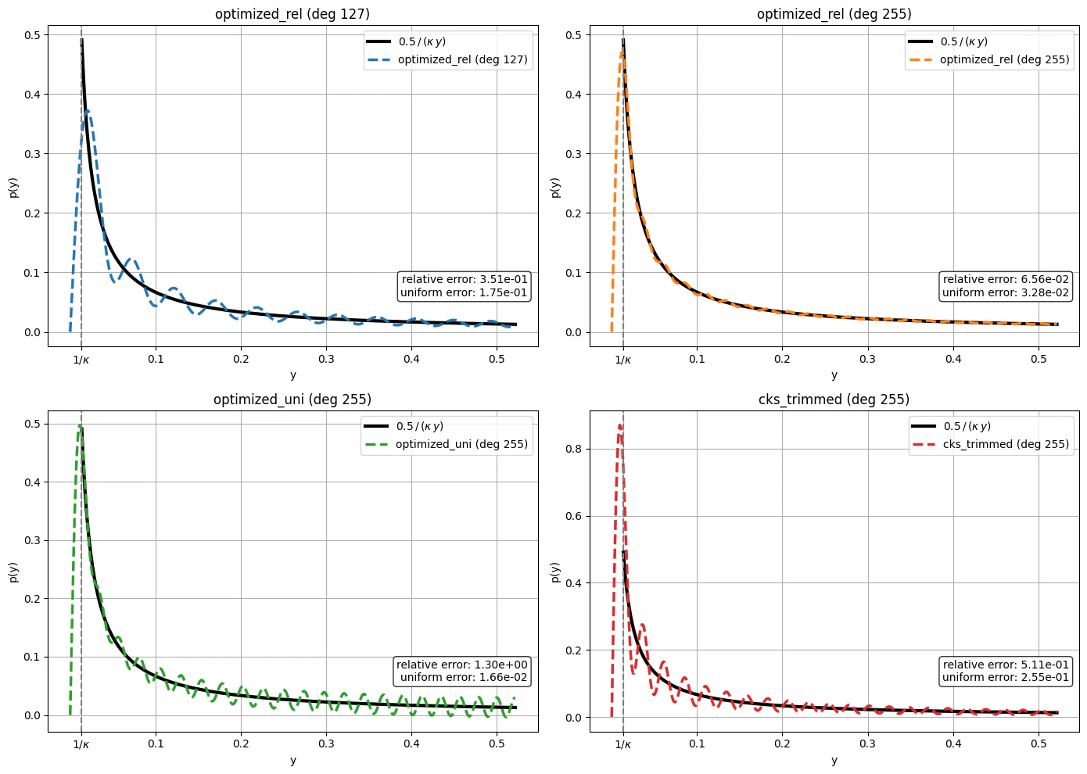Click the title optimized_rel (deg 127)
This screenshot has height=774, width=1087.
click(x=292, y=14)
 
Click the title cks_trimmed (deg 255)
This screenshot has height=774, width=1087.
click(x=834, y=400)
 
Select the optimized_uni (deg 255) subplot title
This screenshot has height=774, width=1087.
click(x=292, y=400)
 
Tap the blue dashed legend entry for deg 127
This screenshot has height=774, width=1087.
click(x=447, y=59)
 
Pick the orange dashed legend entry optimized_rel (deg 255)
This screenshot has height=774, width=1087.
click(x=988, y=59)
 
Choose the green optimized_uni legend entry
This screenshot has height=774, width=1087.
click(x=446, y=444)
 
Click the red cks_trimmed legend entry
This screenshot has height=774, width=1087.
click(x=990, y=444)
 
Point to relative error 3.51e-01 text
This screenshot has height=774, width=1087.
click(x=465, y=279)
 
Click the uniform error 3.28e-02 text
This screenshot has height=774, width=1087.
click(x=1006, y=292)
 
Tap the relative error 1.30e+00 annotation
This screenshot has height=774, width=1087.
click(x=461, y=665)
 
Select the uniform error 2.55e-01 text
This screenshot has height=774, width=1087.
click(x=1006, y=677)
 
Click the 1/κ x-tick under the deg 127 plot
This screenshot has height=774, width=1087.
click(x=81, y=360)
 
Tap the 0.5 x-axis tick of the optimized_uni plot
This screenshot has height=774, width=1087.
click(x=497, y=744)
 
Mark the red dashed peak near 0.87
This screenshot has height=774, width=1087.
click(x=619, y=425)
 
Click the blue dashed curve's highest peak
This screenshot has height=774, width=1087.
click(x=88, y=111)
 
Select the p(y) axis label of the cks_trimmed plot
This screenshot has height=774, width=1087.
click(x=555, y=572)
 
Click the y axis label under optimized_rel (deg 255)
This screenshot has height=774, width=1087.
click(x=834, y=374)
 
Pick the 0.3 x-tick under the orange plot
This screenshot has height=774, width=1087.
click(x=868, y=359)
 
